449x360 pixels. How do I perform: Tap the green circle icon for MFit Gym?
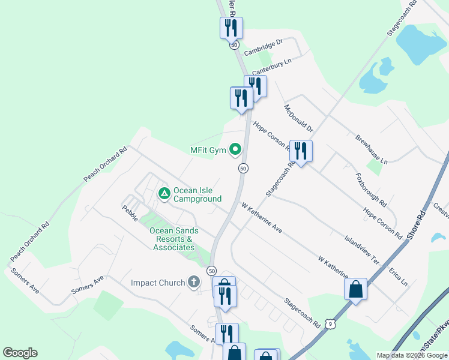236,149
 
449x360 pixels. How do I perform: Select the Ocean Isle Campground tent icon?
164,194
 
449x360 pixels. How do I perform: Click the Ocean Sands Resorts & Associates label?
174,239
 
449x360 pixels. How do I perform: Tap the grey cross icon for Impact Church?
193,281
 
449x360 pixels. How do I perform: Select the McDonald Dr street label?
299,118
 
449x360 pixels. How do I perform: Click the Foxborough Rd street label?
372,190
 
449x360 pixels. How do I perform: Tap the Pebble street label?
130,213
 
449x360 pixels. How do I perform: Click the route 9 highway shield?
330,324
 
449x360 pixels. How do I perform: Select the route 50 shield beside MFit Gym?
243,169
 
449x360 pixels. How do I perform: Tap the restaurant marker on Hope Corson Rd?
300,151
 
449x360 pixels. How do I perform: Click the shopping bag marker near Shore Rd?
355,290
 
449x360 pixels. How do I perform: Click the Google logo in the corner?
20,353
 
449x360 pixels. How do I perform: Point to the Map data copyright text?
412,355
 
